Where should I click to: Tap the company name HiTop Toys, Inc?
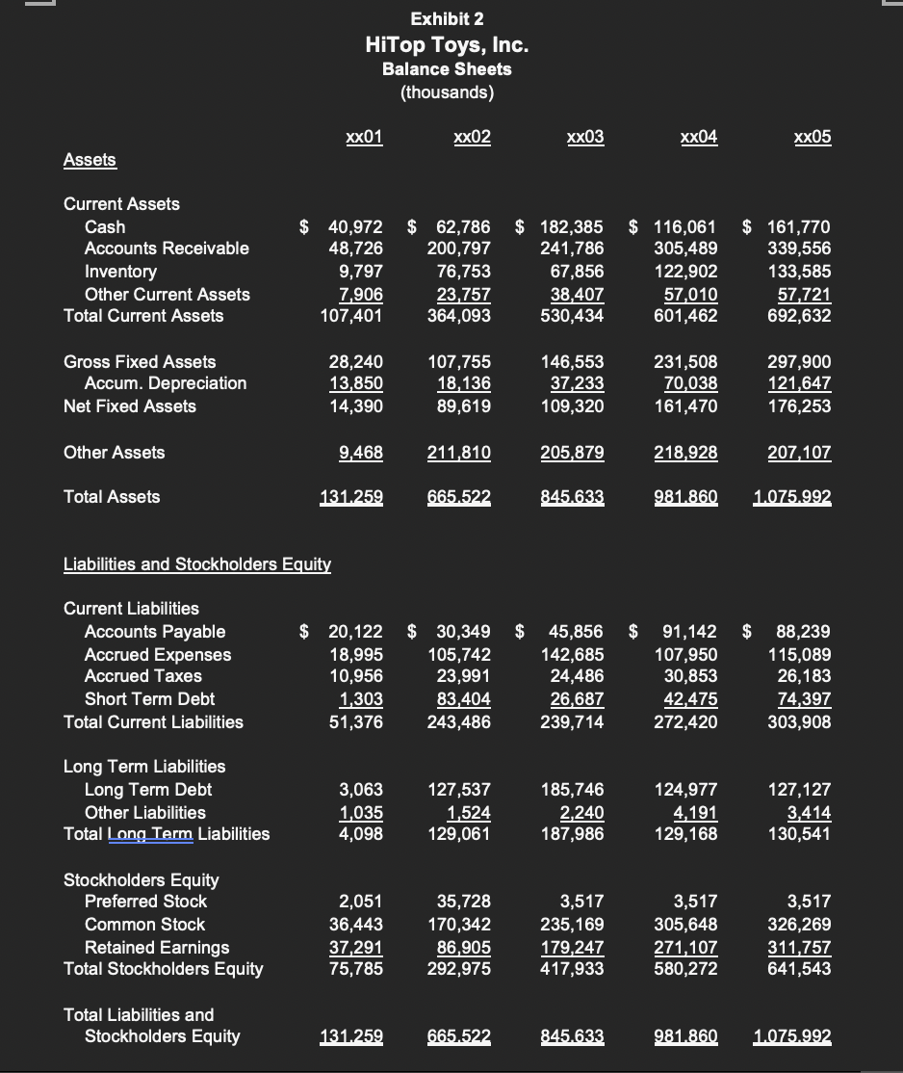pos(447,45)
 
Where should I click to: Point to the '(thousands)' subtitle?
pos(447,92)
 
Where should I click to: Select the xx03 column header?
pos(585,137)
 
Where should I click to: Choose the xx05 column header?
pos(813,137)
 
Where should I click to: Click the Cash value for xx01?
pos(355,227)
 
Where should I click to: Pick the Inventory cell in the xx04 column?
pos(690,272)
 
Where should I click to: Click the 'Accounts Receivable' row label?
pos(167,249)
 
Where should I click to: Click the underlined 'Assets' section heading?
pos(90,160)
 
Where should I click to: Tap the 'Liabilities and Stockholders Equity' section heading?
pos(197,564)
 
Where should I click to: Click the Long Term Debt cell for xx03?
pos(576,790)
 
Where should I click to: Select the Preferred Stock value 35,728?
pos(463,902)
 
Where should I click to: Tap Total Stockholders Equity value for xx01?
pos(355,969)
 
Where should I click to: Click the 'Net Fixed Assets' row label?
pos(130,406)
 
